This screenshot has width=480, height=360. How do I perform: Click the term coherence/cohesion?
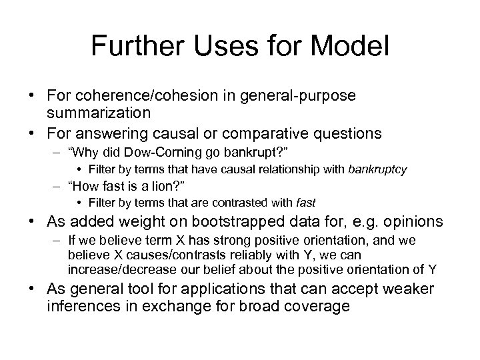(148, 95)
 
